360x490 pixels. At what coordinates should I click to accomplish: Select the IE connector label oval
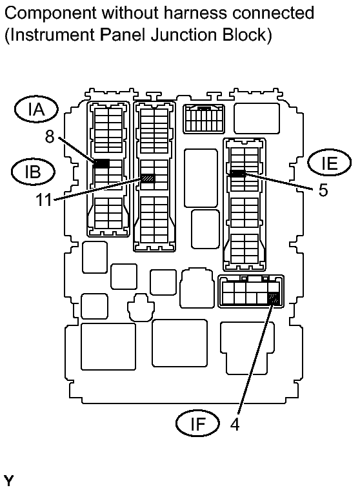coord(329,162)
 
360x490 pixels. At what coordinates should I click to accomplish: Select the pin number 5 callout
coord(323,190)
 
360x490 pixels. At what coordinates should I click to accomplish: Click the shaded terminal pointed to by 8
coord(101,163)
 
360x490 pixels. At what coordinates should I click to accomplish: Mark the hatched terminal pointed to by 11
coord(148,178)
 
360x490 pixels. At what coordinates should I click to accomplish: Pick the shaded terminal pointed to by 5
coord(237,173)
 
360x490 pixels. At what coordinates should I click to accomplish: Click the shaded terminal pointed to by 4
coord(274,298)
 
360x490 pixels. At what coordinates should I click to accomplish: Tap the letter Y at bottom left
coord(8,480)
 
